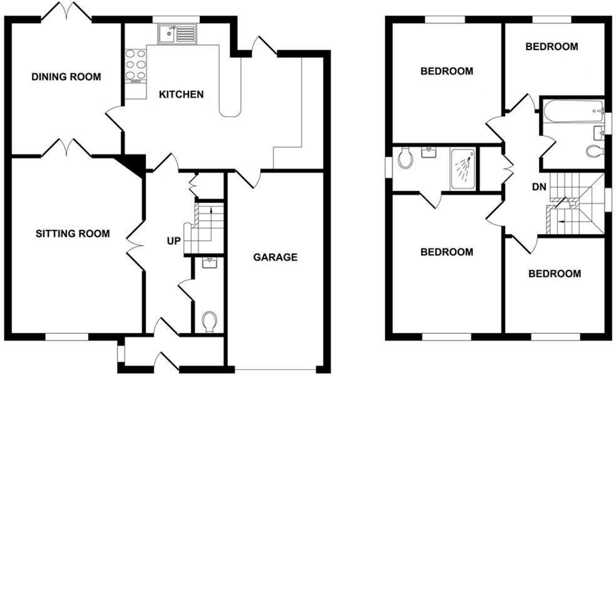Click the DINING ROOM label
[x=66, y=76]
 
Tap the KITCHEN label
[x=181, y=94]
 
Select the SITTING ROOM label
[x=72, y=234]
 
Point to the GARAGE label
[x=275, y=257]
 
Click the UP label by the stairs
[x=174, y=241]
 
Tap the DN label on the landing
[x=539, y=187]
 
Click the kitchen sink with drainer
[x=177, y=34]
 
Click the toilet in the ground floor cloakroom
[x=210, y=321]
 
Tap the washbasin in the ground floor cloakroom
[x=210, y=263]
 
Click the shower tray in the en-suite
[x=463, y=169]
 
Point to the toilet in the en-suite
[x=405, y=158]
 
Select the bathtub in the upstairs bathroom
[x=573, y=111]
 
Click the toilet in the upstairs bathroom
[x=594, y=151]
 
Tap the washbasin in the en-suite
[x=429, y=152]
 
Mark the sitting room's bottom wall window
[x=67, y=337]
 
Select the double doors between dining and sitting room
[x=67, y=148]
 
